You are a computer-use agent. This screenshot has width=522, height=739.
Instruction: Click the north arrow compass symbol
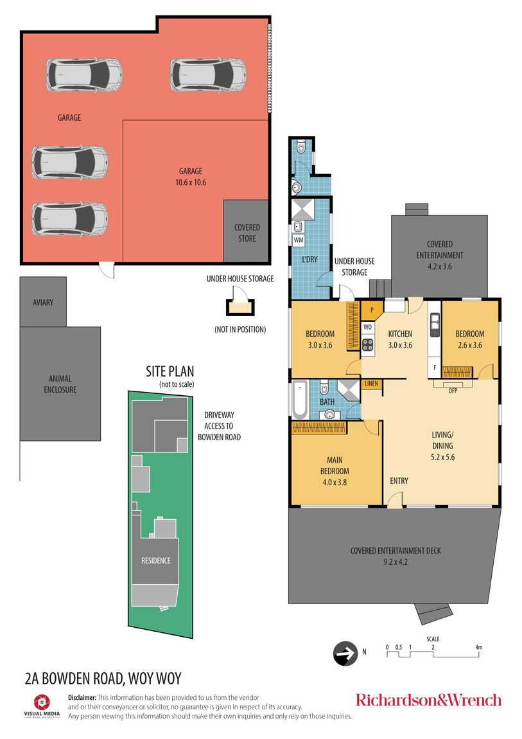coord(345,654)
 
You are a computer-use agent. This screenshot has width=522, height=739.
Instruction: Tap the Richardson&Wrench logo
coord(428,700)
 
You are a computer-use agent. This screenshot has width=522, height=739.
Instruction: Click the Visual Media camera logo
coord(42,702)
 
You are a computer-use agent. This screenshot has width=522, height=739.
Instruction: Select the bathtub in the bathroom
coord(300,400)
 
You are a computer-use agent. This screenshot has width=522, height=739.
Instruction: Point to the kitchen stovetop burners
coord(368,344)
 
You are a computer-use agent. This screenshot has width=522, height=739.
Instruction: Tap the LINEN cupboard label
coord(371,384)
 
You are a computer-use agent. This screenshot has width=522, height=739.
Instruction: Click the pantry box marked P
coord(372,310)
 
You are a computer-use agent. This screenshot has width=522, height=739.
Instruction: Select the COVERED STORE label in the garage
coord(247,233)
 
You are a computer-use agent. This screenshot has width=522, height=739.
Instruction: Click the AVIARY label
coord(43,303)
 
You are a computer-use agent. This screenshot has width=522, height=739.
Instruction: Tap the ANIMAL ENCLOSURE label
coord(60,384)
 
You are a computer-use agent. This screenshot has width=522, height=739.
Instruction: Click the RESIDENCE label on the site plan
coord(156,560)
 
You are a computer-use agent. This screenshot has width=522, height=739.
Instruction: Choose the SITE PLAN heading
coord(170,371)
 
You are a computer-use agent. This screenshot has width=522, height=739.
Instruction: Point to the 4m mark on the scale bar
coord(479,648)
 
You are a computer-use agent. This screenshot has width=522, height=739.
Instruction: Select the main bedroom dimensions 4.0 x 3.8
coord(335,482)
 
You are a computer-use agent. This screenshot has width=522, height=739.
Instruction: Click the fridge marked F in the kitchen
coord(435,368)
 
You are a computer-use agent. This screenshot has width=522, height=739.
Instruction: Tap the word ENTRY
coord(399,481)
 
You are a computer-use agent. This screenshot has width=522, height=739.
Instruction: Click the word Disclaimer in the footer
coord(82,697)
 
